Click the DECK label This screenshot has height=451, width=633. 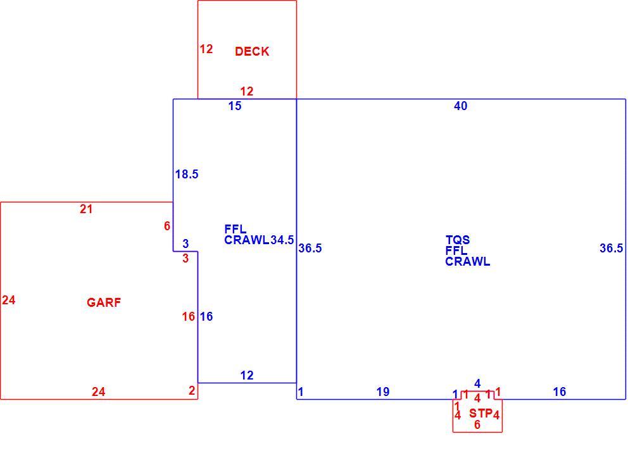[252, 52]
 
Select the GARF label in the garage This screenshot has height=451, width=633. [104, 302]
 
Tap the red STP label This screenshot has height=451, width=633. [480, 414]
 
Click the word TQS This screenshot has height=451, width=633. [458, 240]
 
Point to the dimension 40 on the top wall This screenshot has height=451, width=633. [461, 106]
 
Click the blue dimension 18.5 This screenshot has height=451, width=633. [187, 175]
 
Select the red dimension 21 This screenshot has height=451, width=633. [86, 209]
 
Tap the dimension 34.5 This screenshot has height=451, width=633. [282, 240]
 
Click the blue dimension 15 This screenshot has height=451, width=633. [235, 106]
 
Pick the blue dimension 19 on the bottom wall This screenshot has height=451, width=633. [383, 392]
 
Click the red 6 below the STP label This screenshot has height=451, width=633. [477, 425]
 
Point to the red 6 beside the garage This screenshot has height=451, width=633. [167, 226]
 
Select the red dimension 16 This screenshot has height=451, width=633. [189, 317]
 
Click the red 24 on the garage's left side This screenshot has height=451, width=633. [8, 300]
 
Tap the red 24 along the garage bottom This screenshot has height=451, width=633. [99, 392]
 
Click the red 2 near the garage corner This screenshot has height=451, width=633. [192, 390]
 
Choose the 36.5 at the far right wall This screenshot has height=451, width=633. [611, 249]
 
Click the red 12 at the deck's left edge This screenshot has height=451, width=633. [206, 49]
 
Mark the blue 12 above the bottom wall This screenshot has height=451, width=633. [247, 376]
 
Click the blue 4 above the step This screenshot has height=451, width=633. [477, 383]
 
